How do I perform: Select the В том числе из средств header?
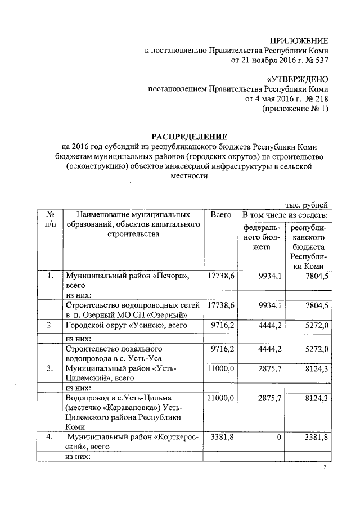285,215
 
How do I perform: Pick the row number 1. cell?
50,276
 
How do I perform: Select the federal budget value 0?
279,436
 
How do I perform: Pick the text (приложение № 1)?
295,109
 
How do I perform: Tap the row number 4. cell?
50,436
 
